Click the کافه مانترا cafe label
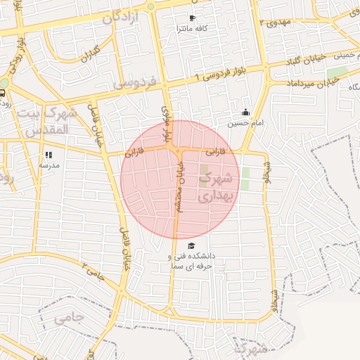193,27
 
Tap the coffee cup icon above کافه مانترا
193,17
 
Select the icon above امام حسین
245,112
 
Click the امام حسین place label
244,123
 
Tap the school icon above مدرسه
49,155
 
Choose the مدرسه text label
49,165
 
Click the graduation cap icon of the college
191,245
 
